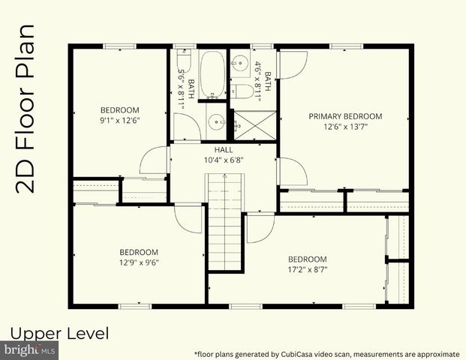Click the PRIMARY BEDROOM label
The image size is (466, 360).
[x=345, y=116]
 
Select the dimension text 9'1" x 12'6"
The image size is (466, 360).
[x=120, y=119]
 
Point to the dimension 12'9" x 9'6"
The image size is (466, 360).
[x=139, y=262]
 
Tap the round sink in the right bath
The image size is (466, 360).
[x=241, y=63]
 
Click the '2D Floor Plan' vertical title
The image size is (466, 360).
[x=27, y=109]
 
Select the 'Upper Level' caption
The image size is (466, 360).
[x=60, y=332]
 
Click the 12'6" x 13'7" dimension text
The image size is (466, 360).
[x=345, y=127]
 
